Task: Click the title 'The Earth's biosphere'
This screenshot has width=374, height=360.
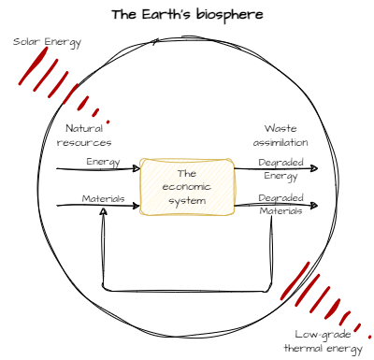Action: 187,15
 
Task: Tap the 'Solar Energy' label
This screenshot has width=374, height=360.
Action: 48,43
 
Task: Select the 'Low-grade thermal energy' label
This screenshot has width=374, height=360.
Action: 322,341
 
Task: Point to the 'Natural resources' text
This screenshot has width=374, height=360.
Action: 84,135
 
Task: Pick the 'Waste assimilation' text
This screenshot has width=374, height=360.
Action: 286,135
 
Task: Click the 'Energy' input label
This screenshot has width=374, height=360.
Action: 103,162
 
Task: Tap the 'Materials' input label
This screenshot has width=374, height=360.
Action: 103,198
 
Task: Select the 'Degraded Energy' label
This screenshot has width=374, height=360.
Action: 280,167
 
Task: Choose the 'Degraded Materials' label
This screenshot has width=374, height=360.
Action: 280,205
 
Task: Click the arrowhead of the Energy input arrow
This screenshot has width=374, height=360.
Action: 137,169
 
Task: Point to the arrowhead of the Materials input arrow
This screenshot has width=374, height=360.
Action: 137,205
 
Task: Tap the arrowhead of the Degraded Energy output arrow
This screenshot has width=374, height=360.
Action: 314,169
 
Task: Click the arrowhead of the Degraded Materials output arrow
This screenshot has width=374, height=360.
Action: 314,205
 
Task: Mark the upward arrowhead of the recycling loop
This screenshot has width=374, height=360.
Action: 103,213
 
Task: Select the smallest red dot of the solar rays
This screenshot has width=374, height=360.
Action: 108,122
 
